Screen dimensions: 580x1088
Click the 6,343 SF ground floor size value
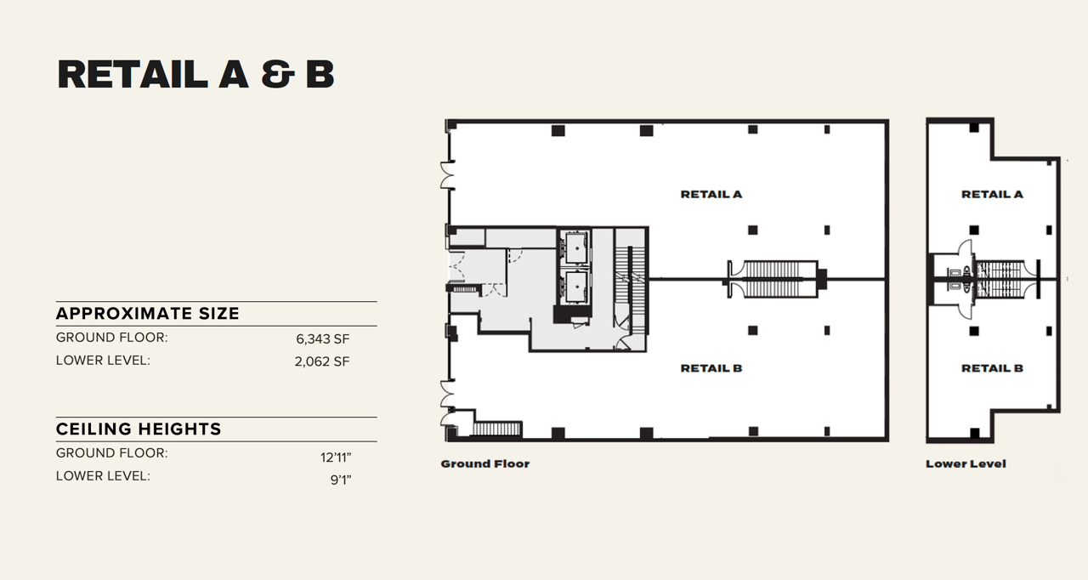point(323,338)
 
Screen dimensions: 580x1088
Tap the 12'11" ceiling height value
point(336,457)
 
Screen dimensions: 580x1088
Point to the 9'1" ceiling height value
point(339,480)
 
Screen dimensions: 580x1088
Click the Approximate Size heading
point(148,314)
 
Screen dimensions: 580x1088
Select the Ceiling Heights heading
point(139,429)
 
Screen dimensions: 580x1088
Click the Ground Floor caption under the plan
point(484,464)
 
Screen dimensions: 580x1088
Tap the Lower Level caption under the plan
point(966,464)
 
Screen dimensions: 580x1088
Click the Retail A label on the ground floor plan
point(711,195)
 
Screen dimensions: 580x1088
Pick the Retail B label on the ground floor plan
point(711,368)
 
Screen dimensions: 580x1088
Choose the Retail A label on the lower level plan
point(992,195)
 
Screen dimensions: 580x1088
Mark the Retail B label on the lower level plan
point(992,368)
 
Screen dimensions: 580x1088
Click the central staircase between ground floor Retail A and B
point(772,279)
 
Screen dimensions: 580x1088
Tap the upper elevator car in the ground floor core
point(575,247)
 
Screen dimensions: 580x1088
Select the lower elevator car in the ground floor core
point(575,287)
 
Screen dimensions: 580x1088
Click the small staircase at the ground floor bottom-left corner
point(496,429)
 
